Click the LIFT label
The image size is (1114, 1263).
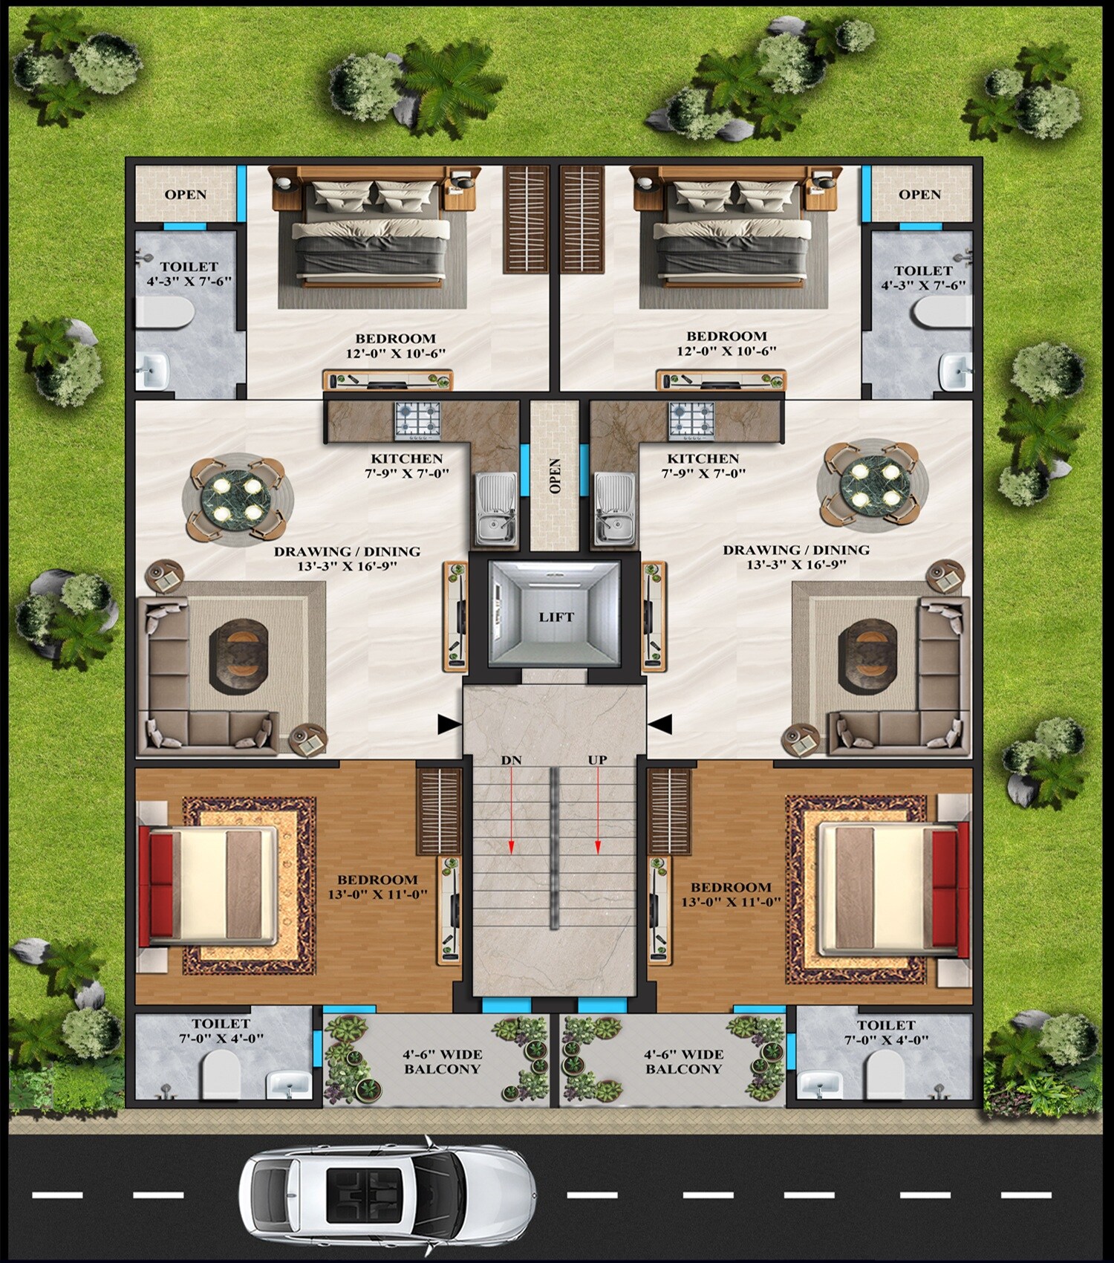[x=556, y=617]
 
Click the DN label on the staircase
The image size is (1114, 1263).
[x=511, y=760]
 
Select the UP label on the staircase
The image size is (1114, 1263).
[x=597, y=760]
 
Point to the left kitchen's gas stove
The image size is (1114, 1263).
[x=417, y=420]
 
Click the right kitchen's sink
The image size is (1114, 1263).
[x=615, y=507]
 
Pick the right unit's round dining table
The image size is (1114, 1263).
[x=873, y=484]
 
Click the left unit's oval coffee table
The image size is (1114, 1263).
[x=238, y=657]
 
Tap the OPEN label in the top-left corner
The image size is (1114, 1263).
[x=186, y=195]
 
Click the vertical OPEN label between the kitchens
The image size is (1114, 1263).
[x=555, y=475]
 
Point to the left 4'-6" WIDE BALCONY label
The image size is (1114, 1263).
[x=443, y=1062]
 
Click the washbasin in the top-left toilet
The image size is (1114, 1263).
[x=154, y=369]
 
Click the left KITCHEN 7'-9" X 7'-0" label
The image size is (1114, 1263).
[x=407, y=466]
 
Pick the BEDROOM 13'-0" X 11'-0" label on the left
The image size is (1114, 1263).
[x=378, y=887]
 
